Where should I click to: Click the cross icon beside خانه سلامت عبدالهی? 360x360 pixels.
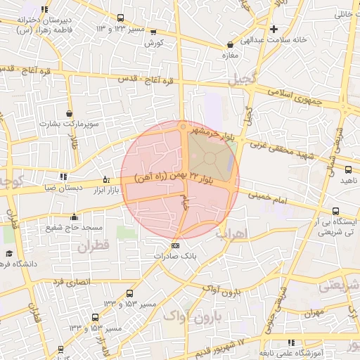point(274,29)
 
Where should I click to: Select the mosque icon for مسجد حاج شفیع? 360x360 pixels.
point(74,217)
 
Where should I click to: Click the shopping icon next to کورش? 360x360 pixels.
point(153,32)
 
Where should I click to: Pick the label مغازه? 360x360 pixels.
point(231,54)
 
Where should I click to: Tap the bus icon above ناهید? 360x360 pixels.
point(348,169)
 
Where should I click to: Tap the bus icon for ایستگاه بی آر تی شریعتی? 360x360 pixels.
point(336,210)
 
